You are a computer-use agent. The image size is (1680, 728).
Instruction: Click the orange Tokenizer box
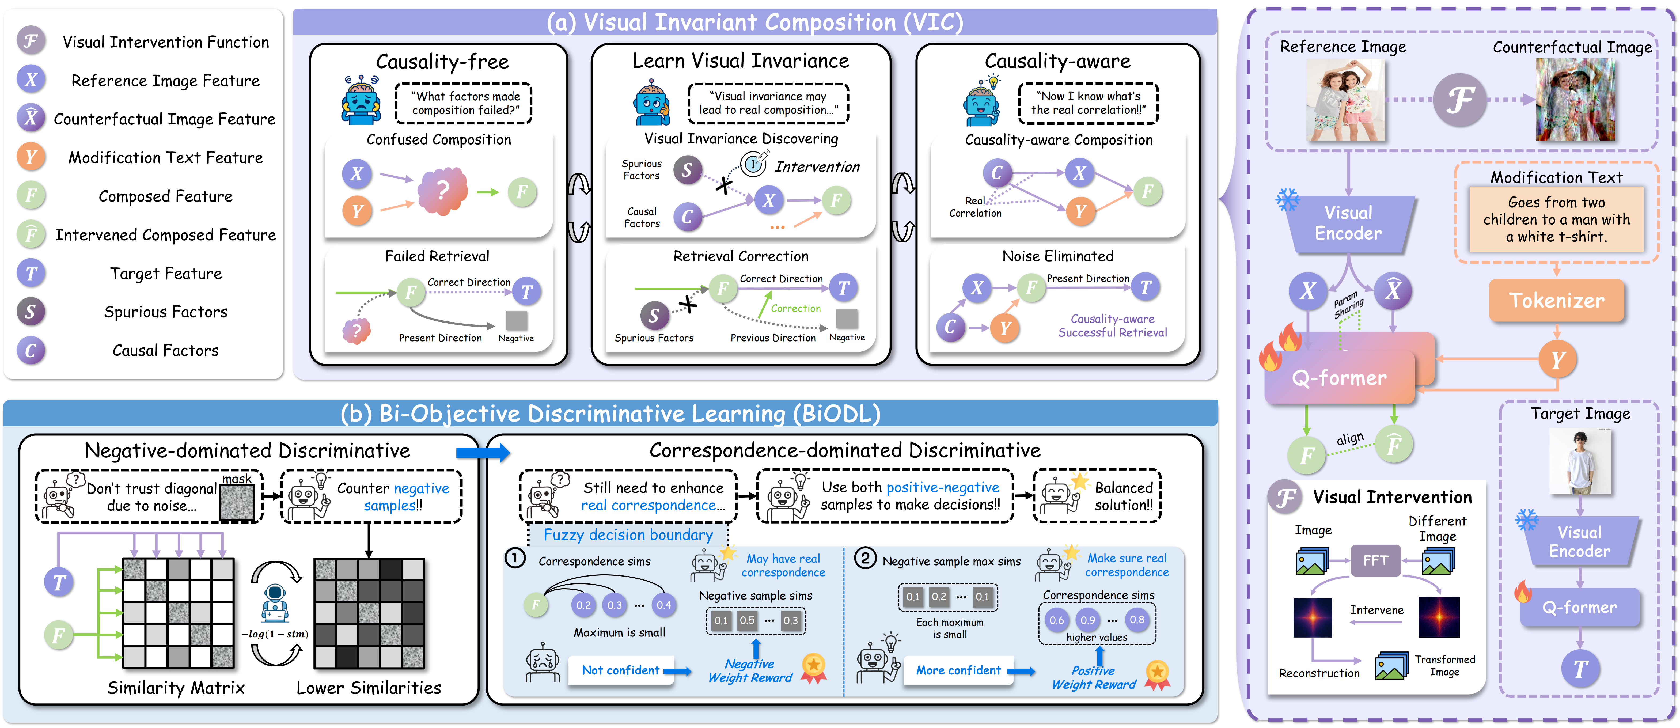(1556, 301)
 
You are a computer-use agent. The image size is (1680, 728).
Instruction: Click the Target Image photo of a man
(1580, 461)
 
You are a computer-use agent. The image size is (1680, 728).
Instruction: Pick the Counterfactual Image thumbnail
(1575, 99)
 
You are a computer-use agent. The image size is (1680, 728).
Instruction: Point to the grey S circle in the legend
(31, 312)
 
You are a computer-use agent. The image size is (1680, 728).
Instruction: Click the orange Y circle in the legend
(31, 157)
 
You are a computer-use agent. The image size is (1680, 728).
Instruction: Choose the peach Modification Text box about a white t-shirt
(1556, 219)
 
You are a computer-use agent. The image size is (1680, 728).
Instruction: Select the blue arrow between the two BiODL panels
(483, 452)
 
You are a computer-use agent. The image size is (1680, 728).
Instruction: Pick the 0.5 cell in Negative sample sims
(747, 620)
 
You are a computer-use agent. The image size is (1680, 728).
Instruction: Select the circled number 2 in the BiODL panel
(866, 558)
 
